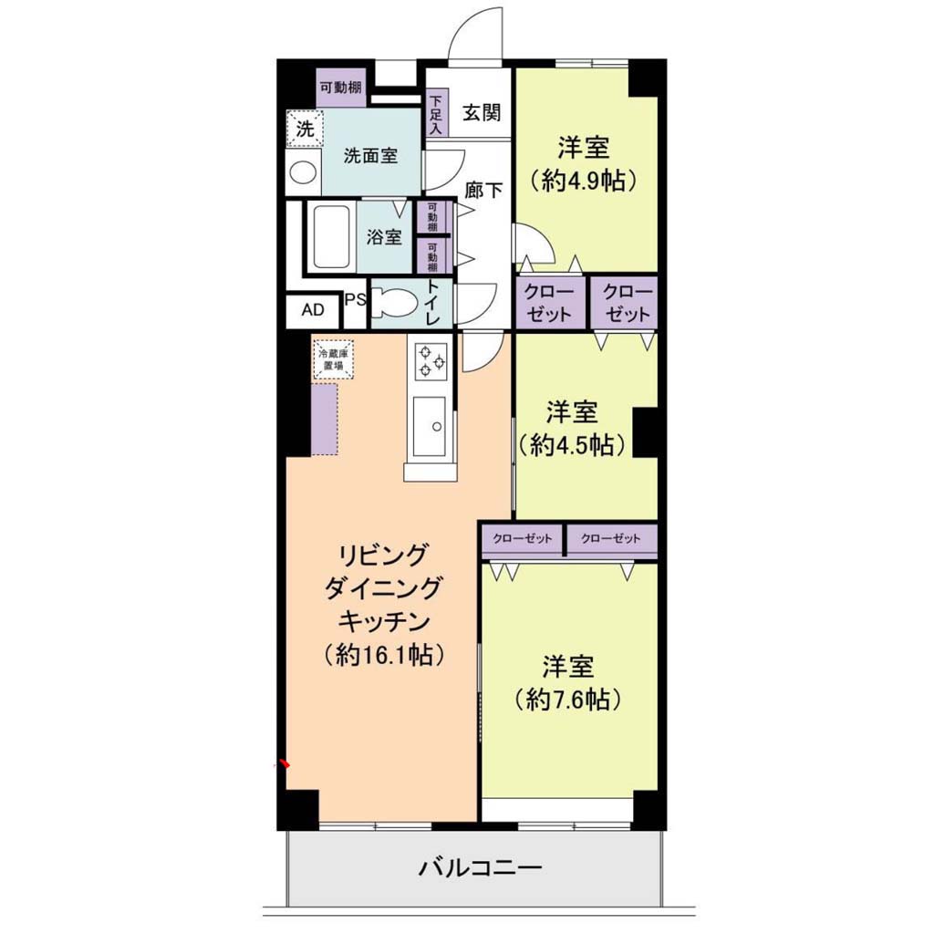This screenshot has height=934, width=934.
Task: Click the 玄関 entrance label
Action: coord(482,112)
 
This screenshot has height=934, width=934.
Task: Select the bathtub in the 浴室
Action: coord(331,237)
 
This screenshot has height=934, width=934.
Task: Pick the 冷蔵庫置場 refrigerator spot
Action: coord(334,359)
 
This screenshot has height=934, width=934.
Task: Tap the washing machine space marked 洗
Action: coord(305,128)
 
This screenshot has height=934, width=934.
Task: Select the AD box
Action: coord(314,311)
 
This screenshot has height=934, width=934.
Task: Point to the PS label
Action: coord(356,299)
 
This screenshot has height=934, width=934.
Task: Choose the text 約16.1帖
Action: coord(384,655)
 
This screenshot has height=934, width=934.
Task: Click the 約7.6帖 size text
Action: coord(568,699)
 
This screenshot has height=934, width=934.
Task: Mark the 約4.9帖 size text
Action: coord(583,180)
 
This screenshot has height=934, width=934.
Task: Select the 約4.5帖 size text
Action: coord(571,444)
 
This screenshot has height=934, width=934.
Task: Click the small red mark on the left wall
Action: coord(285,763)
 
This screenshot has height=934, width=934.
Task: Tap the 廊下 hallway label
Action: coord(483,190)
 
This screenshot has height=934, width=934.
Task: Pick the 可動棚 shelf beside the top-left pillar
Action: coord(341,88)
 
